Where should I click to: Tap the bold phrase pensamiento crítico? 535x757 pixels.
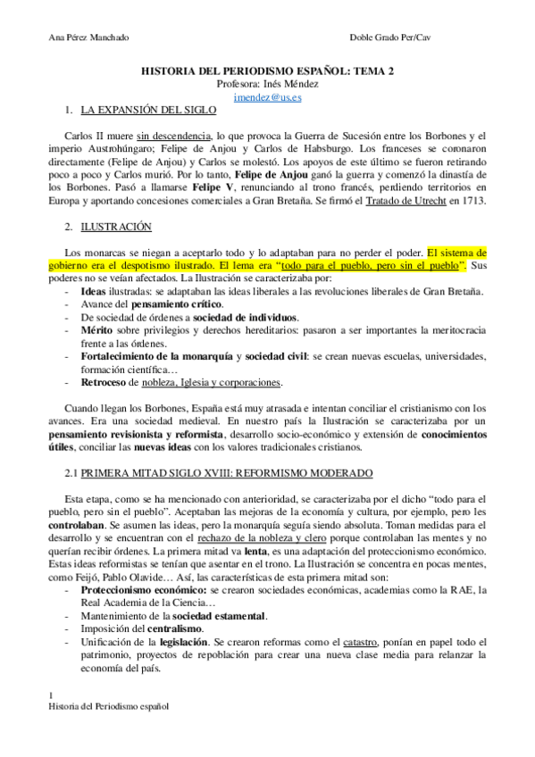click(163, 304)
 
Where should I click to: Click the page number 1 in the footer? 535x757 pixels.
click(51, 695)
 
